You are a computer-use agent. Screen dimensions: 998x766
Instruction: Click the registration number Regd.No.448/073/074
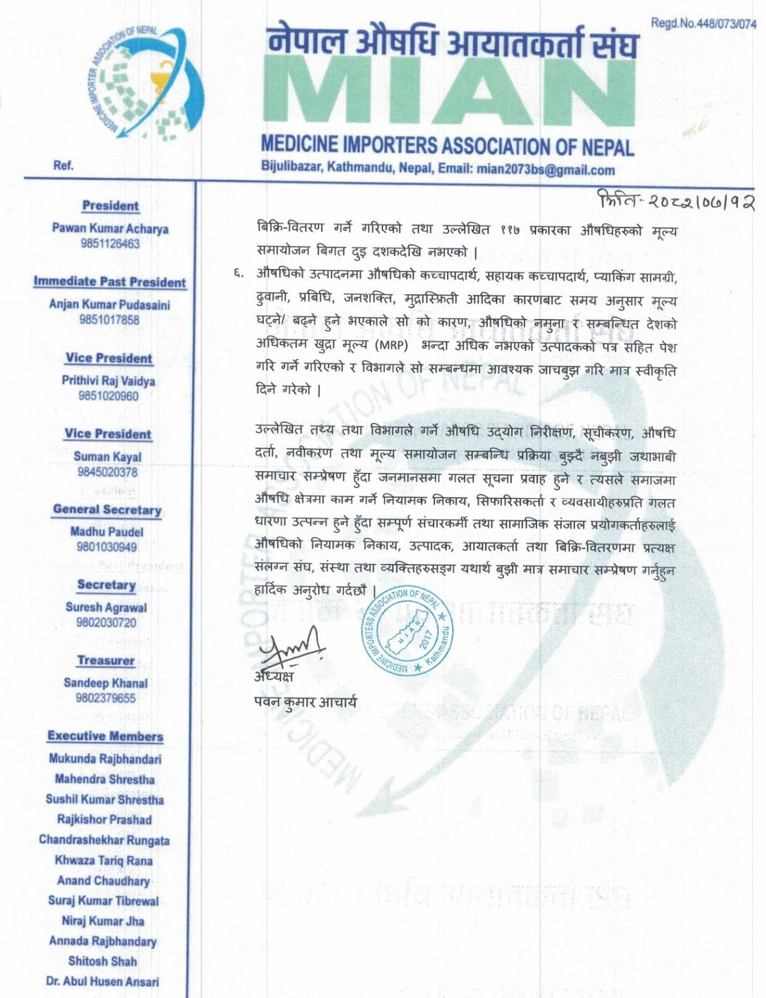click(704, 24)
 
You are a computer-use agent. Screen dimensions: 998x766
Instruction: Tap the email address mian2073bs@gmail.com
click(546, 170)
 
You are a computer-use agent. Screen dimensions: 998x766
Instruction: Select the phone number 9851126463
click(110, 244)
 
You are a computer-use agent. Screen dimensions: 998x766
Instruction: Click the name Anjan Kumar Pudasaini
click(110, 304)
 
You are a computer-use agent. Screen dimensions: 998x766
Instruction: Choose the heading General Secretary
click(107, 510)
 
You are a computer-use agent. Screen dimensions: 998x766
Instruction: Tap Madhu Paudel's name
click(107, 531)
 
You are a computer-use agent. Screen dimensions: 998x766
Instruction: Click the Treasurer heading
click(106, 661)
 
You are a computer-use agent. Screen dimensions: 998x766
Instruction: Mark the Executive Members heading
click(105, 736)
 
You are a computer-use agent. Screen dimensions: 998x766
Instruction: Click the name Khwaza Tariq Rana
click(104, 860)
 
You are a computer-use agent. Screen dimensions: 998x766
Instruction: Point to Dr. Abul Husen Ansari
click(103, 981)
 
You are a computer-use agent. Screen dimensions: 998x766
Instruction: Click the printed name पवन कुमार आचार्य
click(305, 702)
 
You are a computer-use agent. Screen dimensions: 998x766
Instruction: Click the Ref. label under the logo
click(63, 166)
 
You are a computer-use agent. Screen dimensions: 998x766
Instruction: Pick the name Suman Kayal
click(107, 457)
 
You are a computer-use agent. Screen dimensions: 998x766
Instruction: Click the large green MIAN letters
click(448, 91)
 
